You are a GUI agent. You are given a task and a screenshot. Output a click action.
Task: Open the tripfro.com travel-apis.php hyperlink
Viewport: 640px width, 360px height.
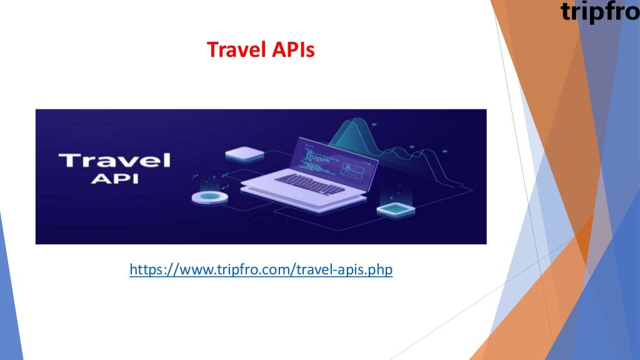pos(261,270)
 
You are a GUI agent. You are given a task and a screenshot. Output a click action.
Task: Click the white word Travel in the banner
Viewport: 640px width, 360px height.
pos(114,160)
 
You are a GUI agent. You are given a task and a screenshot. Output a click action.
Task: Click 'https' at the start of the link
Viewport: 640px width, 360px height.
pos(144,270)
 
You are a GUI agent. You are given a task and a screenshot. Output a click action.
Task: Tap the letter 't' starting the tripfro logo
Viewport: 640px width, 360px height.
pos(566,12)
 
